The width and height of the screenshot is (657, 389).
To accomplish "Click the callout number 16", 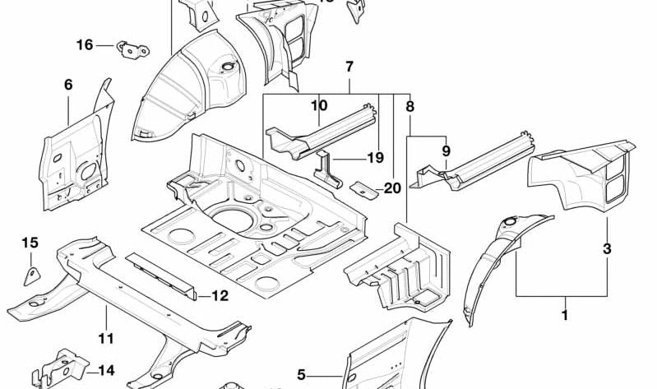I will [85, 45].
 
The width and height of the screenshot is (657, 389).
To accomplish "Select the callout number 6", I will [68, 84].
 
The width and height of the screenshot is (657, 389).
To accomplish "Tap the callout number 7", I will [349, 67].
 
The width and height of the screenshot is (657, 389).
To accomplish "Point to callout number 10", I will [319, 105].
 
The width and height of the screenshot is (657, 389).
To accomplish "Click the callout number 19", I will [376, 157].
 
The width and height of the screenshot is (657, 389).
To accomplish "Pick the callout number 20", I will [392, 188].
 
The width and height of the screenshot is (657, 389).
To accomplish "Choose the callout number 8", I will [410, 105].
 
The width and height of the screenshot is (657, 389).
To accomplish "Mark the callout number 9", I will [446, 151].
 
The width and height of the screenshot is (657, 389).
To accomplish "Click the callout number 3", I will [607, 248].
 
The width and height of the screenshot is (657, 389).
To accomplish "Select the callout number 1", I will [565, 313].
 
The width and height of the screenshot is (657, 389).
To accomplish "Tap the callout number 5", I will [301, 375].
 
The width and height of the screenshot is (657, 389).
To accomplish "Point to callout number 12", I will [220, 296].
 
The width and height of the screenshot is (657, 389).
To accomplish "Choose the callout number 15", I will [30, 243].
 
